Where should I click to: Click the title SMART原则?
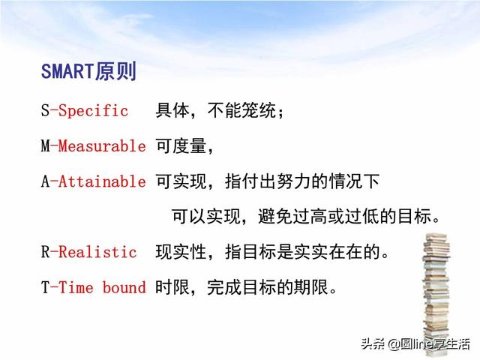[88, 72]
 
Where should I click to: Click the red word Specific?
[93, 110]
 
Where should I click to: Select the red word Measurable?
[102, 145]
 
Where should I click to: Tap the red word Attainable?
[102, 181]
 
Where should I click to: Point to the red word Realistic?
[97, 252]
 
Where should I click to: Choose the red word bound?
[124, 287]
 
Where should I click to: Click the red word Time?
[76, 287]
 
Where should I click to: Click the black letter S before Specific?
[45, 110]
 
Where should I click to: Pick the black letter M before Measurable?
[45, 145]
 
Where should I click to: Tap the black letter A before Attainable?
[45, 181]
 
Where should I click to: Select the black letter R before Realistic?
[45, 252]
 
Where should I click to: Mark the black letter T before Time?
[45, 287]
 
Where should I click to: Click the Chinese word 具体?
[172, 110]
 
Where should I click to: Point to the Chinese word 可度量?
[181, 145]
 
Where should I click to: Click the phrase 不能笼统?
[241, 110]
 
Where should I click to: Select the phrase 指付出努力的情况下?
[302, 181]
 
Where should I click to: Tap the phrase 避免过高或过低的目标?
[345, 217]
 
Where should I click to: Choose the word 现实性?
[181, 252]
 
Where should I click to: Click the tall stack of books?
[436, 294]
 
